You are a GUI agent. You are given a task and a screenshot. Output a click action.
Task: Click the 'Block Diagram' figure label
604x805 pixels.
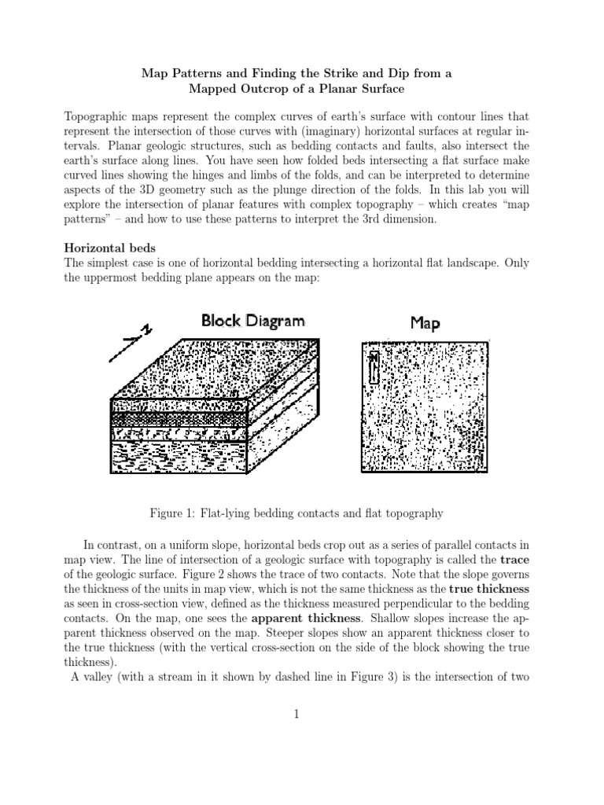click(252, 321)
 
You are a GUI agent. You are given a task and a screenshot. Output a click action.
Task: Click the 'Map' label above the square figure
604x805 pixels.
click(425, 323)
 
